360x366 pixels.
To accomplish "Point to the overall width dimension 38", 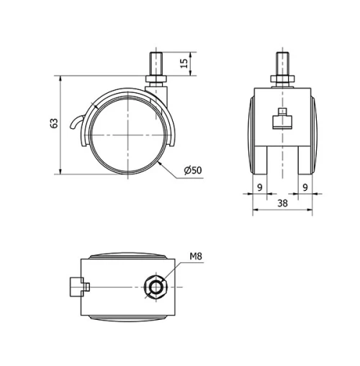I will pyautogui.click(x=283, y=204).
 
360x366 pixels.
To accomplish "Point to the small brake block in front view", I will pyautogui.click(x=282, y=119).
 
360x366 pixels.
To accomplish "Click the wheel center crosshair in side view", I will pyautogui.click(x=128, y=135).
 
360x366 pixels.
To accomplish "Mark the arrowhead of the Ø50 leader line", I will pyautogui.click(x=159, y=163).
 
